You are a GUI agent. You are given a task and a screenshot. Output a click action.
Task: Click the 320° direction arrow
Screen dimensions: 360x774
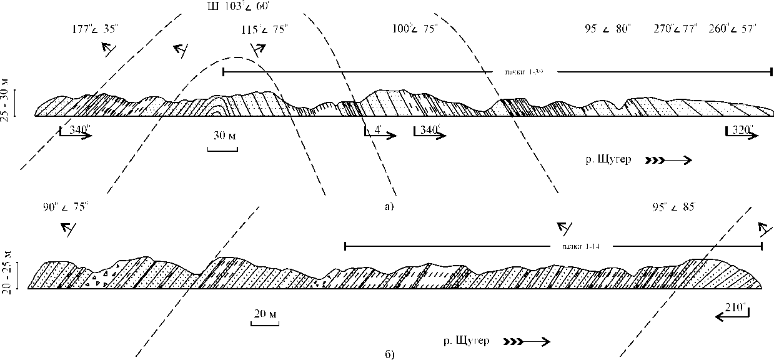741,133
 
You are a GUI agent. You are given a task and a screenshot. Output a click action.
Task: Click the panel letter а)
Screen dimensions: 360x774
390,205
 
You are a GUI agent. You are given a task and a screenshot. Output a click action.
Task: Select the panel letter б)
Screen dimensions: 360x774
390,354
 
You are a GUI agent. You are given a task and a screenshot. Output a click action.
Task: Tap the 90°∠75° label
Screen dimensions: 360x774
65,208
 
